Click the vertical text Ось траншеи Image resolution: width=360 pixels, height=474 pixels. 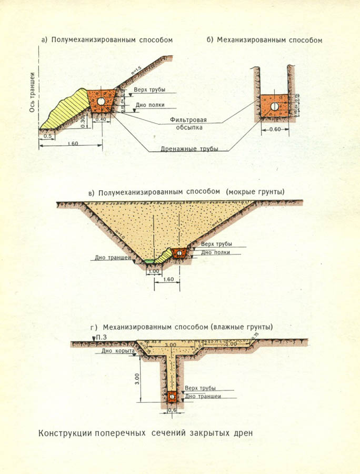point(32,92)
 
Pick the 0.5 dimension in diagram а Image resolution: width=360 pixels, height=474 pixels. point(47,135)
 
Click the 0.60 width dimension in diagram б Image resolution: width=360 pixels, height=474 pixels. point(274,129)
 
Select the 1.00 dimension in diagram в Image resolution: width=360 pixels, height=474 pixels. point(154,271)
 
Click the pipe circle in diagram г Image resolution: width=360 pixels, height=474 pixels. point(172,396)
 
